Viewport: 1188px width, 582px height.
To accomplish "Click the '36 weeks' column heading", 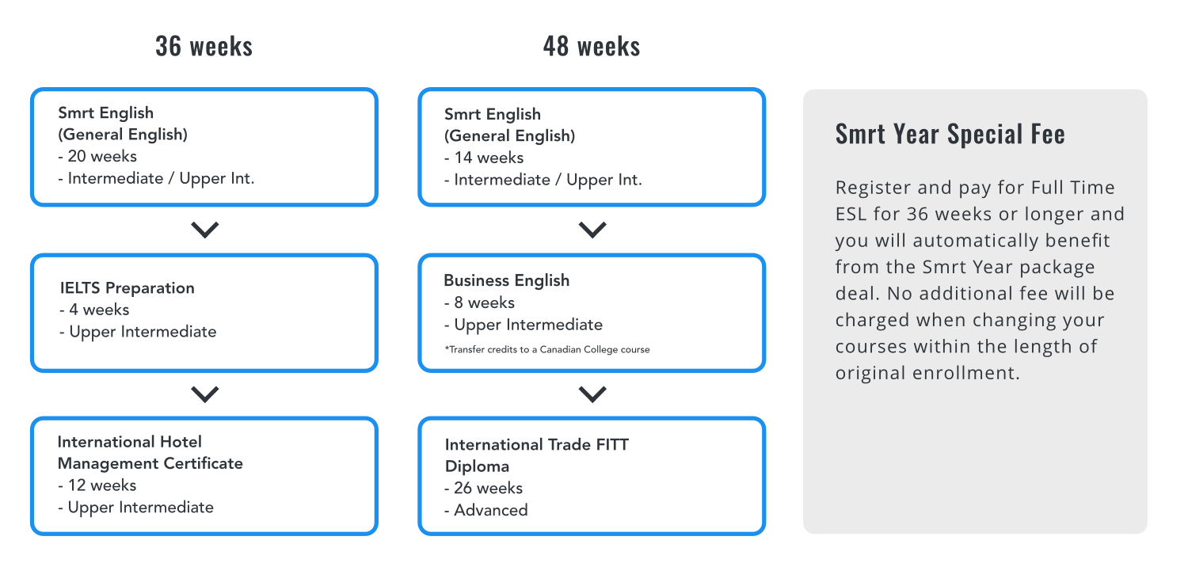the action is click(x=204, y=46).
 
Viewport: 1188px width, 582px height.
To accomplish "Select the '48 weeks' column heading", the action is click(x=592, y=46).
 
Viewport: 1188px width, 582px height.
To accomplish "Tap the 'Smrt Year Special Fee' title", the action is click(x=950, y=134).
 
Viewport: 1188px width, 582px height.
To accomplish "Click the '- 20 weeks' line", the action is click(x=97, y=156).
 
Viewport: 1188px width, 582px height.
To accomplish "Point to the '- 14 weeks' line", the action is click(x=484, y=158).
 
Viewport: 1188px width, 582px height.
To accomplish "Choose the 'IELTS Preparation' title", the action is click(x=128, y=287).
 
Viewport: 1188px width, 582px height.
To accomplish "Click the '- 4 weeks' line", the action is click(x=94, y=310).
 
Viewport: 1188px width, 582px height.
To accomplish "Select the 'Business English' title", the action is click(x=507, y=280).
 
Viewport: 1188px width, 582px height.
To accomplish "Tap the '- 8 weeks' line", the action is click(x=479, y=302).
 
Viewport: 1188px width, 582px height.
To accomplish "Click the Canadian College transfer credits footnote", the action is click(x=546, y=350).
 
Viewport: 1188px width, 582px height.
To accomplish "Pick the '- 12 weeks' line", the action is click(x=97, y=485).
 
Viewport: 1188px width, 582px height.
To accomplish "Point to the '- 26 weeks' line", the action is click(x=484, y=489).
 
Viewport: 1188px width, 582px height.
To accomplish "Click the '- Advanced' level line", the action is click(x=486, y=511).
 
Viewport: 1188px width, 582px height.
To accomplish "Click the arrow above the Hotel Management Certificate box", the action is click(x=204, y=394).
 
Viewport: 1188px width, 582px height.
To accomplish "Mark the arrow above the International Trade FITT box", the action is click(x=592, y=394).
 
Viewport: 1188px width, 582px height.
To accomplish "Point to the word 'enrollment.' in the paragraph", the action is click(x=965, y=373).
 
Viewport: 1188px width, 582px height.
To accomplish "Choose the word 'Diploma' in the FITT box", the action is click(x=477, y=467).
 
